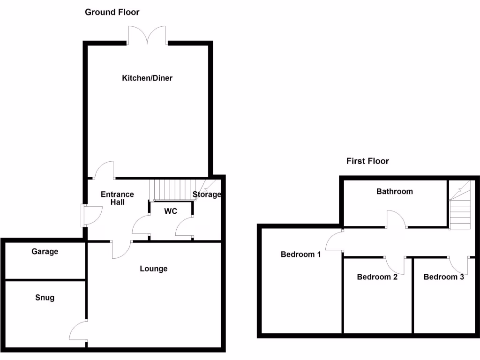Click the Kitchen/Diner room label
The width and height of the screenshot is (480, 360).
[x=147, y=78]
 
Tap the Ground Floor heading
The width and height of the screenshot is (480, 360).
[x=112, y=12]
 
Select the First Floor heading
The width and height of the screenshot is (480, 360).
[x=367, y=161]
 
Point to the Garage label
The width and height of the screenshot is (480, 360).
[x=45, y=252]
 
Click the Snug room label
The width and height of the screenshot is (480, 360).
[x=45, y=298]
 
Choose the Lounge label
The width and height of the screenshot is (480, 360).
[x=153, y=269]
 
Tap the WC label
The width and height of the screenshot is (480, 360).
[x=171, y=211]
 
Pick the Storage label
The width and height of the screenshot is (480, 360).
[x=207, y=195]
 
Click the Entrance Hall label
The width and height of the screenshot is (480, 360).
[x=117, y=198]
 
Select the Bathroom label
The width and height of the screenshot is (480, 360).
[x=395, y=191]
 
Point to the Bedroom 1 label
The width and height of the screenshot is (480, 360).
[x=300, y=255]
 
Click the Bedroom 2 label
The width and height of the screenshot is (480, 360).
[x=377, y=277]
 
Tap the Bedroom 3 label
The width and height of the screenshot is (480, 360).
[x=443, y=277]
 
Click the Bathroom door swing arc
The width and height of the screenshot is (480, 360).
[x=397, y=218]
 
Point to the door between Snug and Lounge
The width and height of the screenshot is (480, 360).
[x=78, y=330]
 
